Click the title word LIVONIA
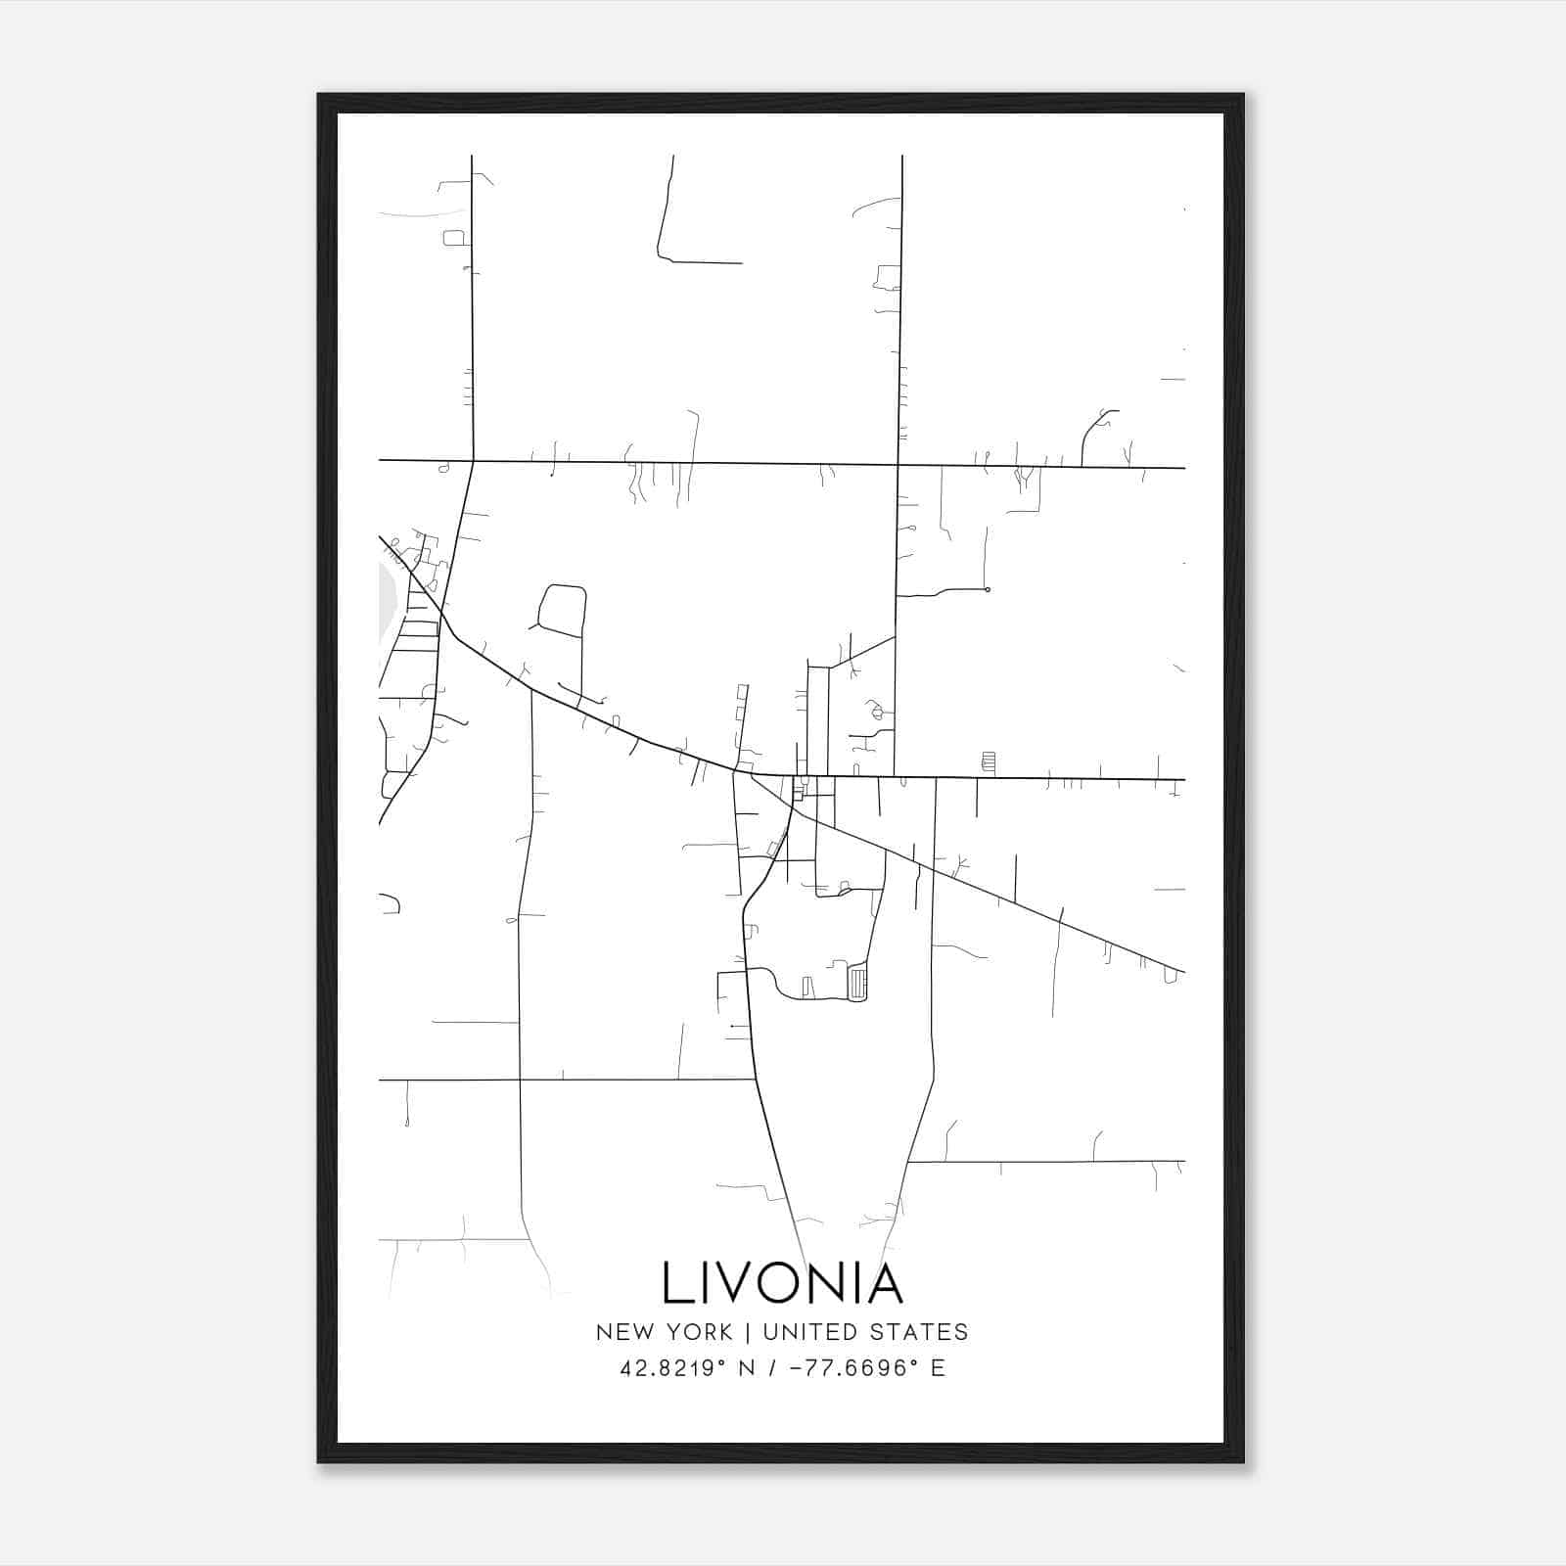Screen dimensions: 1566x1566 (x=782, y=1283)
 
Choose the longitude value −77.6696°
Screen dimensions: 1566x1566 (x=847, y=1368)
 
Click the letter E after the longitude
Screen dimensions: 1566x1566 (x=938, y=1368)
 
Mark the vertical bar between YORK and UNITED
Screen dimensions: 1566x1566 (x=748, y=1332)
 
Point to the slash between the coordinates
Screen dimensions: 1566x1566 (x=772, y=1368)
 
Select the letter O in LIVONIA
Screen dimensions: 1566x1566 (x=784, y=1283)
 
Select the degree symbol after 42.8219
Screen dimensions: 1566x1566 (x=726, y=1362)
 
